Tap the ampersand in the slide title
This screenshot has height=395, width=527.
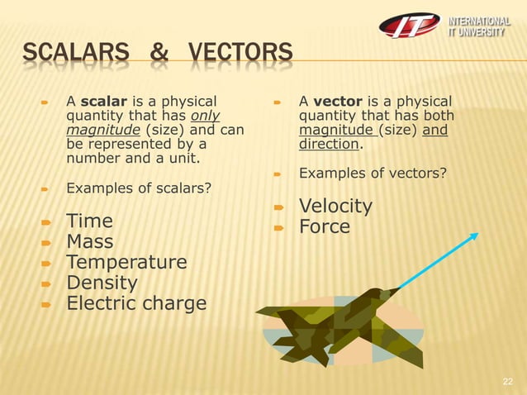coord(158,55)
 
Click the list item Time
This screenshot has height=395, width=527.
coord(89,221)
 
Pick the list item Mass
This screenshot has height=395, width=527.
coord(90,242)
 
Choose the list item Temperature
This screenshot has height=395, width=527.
coord(126,263)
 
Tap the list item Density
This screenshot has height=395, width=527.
coord(102,283)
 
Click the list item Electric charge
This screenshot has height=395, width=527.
coord(136,304)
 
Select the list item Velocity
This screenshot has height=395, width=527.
coord(335,206)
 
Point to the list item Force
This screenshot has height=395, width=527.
coord(325,226)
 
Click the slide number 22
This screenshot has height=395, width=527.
coord(508,381)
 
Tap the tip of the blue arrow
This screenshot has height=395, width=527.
coord(477,235)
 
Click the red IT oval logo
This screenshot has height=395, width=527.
coord(410,25)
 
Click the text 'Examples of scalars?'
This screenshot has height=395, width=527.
coord(138,188)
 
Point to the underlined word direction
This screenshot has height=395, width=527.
coord(330,144)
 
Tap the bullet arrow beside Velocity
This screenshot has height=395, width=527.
coord(279,207)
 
